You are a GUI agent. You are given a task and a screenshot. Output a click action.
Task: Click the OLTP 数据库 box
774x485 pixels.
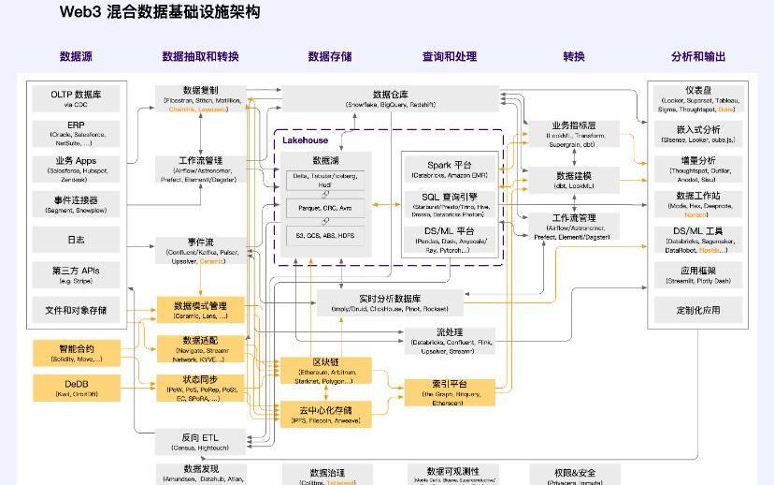pyautogui.click(x=76, y=98)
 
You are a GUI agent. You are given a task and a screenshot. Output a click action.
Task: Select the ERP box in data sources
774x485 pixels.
pyautogui.click(x=76, y=133)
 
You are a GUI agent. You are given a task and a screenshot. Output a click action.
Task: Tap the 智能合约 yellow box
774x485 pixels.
pyautogui.click(x=76, y=352)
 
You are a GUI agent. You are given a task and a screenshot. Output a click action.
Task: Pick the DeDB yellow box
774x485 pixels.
pyautogui.click(x=76, y=388)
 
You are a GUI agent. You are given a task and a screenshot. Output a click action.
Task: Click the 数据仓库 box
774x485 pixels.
pyautogui.click(x=390, y=98)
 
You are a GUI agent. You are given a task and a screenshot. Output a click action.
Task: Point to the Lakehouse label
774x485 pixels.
pyautogui.click(x=306, y=140)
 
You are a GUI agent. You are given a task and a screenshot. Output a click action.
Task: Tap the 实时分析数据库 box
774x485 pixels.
pyautogui.click(x=390, y=302)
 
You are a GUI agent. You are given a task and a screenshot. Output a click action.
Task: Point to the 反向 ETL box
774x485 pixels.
pyautogui.click(x=200, y=441)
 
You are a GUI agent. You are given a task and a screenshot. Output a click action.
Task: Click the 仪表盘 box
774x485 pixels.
pyautogui.click(x=698, y=98)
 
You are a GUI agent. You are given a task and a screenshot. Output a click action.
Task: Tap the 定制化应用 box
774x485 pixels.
pyautogui.click(x=698, y=310)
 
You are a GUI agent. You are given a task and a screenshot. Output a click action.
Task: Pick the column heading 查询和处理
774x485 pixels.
pyautogui.click(x=449, y=57)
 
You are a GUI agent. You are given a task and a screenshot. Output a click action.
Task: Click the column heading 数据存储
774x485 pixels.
pyautogui.click(x=330, y=57)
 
